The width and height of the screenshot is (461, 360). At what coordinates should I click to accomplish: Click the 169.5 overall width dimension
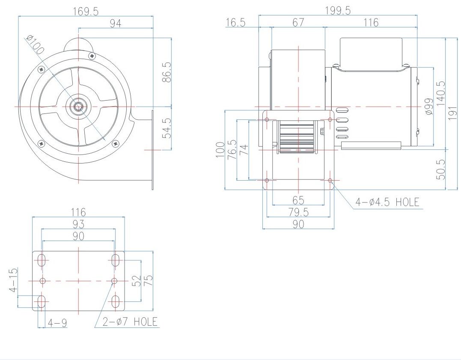pyautogui.click(x=85, y=11)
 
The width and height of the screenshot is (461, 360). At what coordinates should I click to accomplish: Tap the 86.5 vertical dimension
pyautogui.click(x=167, y=71)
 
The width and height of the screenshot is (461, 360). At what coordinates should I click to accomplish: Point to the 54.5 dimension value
pyautogui.click(x=167, y=128)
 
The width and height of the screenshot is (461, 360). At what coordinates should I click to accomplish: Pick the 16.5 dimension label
pyautogui.click(x=235, y=23)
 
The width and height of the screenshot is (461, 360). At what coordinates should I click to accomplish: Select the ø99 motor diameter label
pyautogui.click(x=429, y=107)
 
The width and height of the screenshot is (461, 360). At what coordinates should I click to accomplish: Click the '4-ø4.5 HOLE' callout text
pyautogui.click(x=387, y=202)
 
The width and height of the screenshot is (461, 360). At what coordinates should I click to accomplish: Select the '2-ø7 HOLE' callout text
pyautogui.click(x=130, y=321)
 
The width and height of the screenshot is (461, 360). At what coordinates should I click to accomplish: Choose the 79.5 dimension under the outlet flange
pyautogui.click(x=298, y=212)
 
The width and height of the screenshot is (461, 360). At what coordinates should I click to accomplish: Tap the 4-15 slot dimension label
pyautogui.click(x=14, y=280)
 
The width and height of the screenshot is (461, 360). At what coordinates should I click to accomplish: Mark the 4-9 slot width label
pyautogui.click(x=57, y=322)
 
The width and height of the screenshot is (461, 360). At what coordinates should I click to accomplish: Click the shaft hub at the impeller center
pyautogui.click(x=79, y=105)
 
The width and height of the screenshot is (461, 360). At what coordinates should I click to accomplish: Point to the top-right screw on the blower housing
pyautogui.click(x=92, y=56)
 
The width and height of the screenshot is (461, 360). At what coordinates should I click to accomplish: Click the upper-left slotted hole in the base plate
pyautogui.click(x=42, y=260)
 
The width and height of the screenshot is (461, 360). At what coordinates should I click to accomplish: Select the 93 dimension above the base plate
pyautogui.click(x=78, y=224)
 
